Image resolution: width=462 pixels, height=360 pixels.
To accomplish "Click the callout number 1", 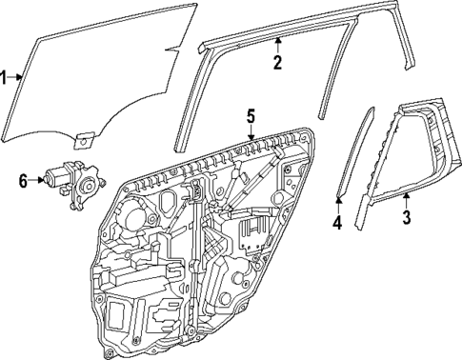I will click(5, 77).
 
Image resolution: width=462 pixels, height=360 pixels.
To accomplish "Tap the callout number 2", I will click(277, 64).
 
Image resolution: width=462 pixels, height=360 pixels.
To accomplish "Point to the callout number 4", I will click(336, 223).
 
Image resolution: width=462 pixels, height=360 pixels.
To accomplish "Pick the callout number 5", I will click(250, 116).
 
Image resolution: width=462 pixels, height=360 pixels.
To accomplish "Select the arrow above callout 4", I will click(337, 204).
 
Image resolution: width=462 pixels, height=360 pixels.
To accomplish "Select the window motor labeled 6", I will click(76, 179).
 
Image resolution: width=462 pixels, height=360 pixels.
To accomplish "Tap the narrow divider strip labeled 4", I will click(353, 152).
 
